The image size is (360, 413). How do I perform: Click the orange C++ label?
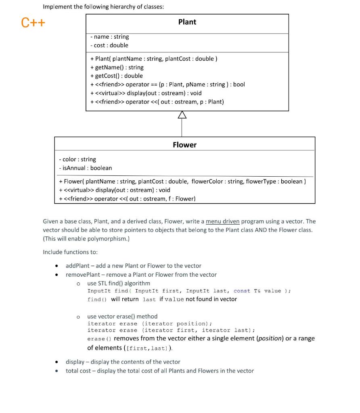point(33,23)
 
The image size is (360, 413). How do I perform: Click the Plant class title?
point(187,22)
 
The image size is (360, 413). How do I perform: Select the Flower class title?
point(184,145)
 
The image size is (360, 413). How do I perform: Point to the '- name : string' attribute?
point(110,37)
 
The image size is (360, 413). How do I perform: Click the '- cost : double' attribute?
point(109,45)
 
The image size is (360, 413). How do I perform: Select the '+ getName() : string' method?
point(117,67)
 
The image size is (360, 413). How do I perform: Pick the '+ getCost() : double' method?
point(117,76)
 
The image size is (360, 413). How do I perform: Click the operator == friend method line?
point(167,84)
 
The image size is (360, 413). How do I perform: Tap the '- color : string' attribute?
point(77,159)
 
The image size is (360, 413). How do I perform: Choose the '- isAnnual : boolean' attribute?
point(86,168)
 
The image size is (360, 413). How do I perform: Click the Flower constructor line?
point(182,181)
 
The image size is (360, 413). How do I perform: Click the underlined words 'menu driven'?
point(222,221)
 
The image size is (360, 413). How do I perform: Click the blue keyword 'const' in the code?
point(242,291)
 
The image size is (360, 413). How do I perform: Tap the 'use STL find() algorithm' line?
point(119,284)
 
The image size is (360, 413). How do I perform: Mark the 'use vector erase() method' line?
point(122,316)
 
